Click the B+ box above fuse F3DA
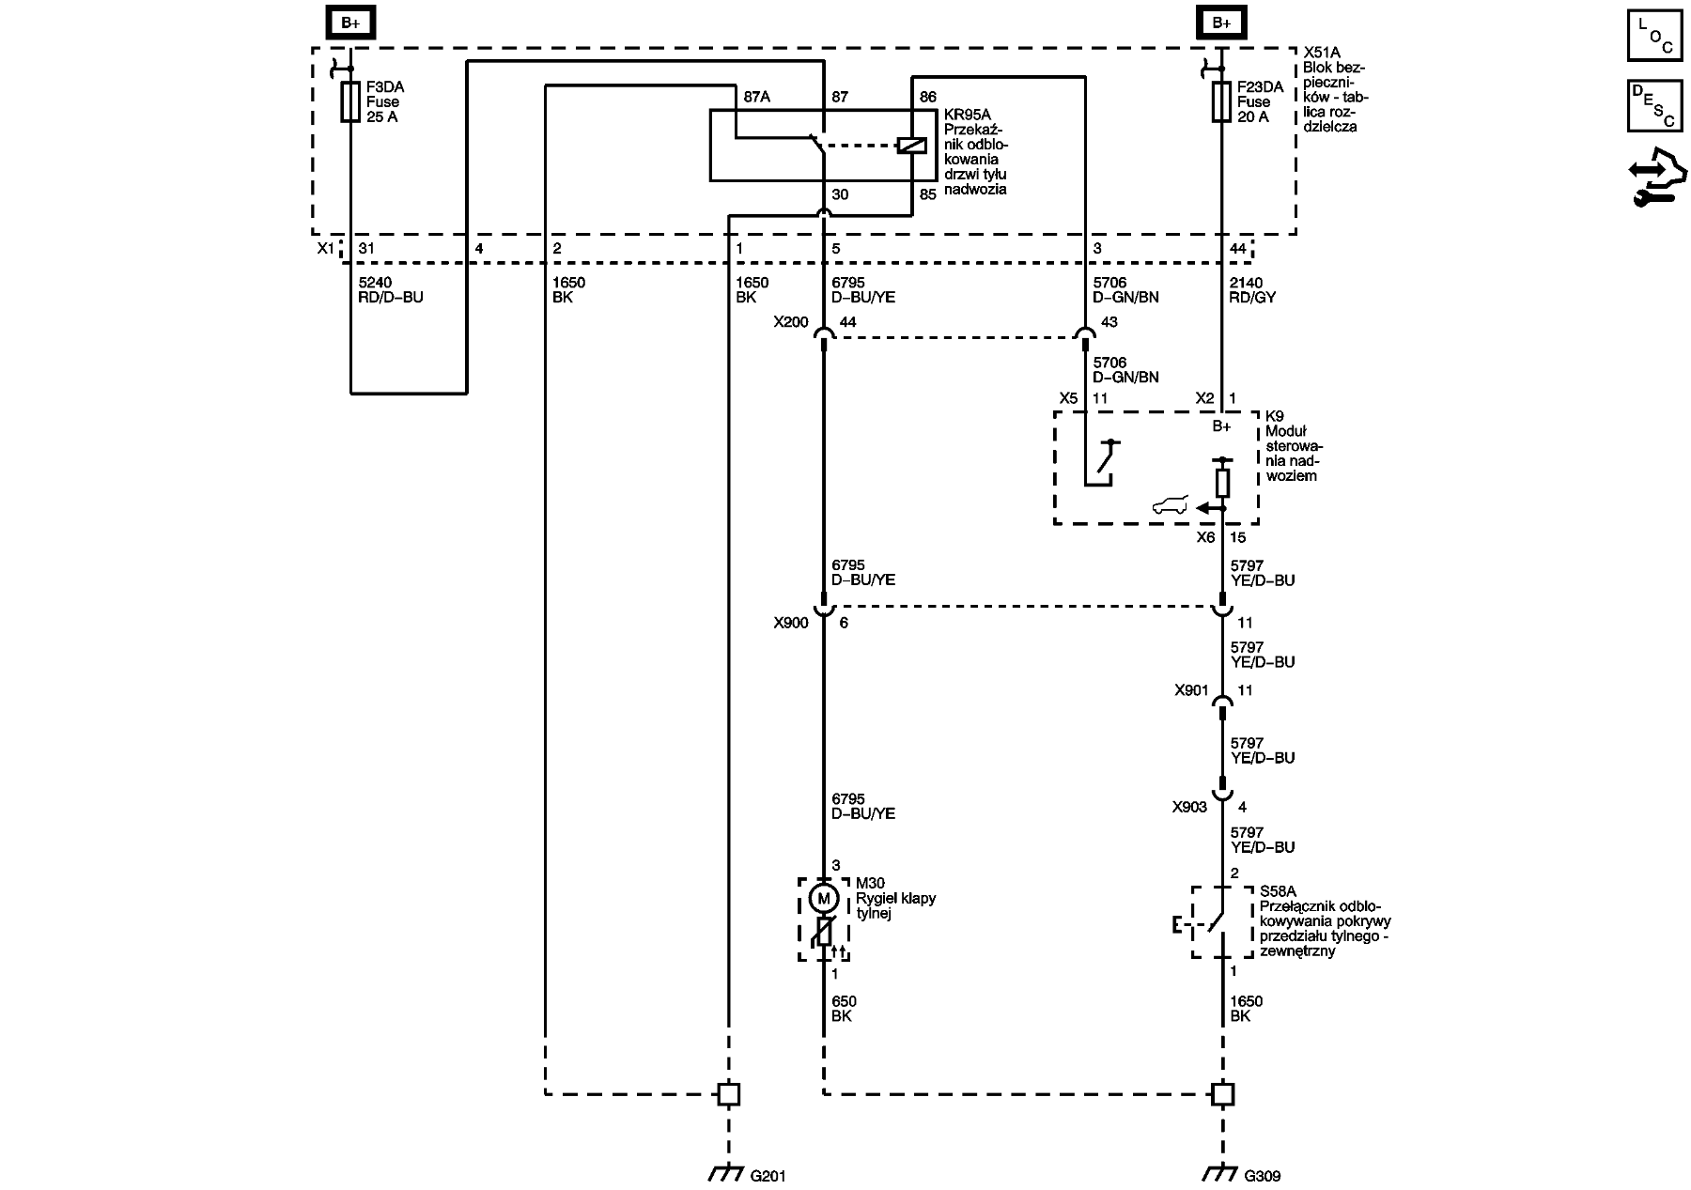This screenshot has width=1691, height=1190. coord(350,23)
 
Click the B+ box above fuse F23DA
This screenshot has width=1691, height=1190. coord(1221,23)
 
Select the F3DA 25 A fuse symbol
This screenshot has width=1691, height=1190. coord(350,101)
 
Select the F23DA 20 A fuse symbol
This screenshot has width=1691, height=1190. coord(1221,101)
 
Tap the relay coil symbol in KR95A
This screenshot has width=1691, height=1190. coord(912,146)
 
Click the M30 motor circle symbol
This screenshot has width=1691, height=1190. coord(824,899)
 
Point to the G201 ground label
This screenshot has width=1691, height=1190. coord(768,1175)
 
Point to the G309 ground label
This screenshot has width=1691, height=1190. coord(1262,1175)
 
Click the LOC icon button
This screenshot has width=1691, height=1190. coord(1654,35)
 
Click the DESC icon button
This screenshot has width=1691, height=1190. coord(1654,105)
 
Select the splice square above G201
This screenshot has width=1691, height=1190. coord(728,1094)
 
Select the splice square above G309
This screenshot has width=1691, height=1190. coord(1222,1094)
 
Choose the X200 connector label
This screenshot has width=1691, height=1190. coord(790,322)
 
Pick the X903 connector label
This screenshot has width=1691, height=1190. coord(1189,807)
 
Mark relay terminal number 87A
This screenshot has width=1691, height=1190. coord(756,97)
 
